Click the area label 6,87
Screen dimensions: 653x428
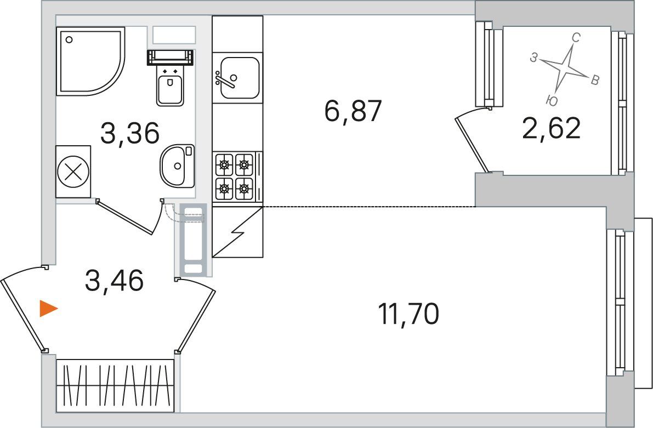coord(353,111)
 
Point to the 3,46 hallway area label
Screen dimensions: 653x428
coord(114,280)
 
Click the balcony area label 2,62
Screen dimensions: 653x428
coord(551,129)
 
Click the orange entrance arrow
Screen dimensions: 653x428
coord(48,309)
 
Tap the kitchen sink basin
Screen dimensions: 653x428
coord(240,78)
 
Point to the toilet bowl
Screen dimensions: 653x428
coord(170,85)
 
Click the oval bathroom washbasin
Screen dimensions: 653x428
coord(177,166)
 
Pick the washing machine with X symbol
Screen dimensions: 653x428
coord(73,172)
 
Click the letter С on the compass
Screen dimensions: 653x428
coord(576,38)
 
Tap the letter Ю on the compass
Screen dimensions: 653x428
coord(551,100)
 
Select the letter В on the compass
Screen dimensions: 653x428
coord(595,80)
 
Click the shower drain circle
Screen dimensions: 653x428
coord(69,40)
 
